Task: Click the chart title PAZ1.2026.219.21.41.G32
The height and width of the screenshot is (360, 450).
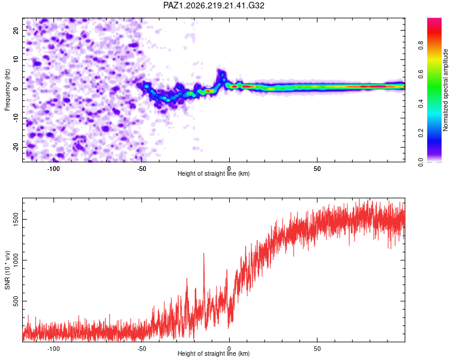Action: point(214,5)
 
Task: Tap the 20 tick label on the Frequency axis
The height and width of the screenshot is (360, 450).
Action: point(16,30)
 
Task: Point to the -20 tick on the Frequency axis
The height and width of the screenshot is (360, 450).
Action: point(16,147)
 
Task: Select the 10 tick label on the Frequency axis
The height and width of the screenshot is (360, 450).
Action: point(16,59)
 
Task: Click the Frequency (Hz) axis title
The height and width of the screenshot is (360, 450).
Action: point(7,89)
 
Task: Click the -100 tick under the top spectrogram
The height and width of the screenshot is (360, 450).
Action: point(53,169)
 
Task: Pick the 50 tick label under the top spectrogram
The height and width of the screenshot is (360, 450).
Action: point(317,169)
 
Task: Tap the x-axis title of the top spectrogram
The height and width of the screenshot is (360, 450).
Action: point(214,173)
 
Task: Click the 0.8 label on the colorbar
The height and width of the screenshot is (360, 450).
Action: point(421,46)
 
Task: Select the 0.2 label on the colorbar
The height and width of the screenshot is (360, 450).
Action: point(421,133)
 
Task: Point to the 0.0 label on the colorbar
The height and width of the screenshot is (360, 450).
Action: point(421,163)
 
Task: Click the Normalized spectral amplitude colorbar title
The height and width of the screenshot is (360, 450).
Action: point(445,90)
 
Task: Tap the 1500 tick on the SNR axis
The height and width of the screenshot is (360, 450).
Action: point(16,219)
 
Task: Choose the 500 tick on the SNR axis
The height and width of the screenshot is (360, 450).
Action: point(16,301)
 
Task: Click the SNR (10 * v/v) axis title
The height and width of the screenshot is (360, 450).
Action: point(7,270)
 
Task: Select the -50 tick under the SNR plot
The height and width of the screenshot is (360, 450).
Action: point(142,349)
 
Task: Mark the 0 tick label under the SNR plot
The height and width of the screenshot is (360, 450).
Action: point(229,349)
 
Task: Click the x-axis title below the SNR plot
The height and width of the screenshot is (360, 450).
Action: point(214,353)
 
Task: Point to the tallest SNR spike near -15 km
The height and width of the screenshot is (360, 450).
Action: point(204,254)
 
